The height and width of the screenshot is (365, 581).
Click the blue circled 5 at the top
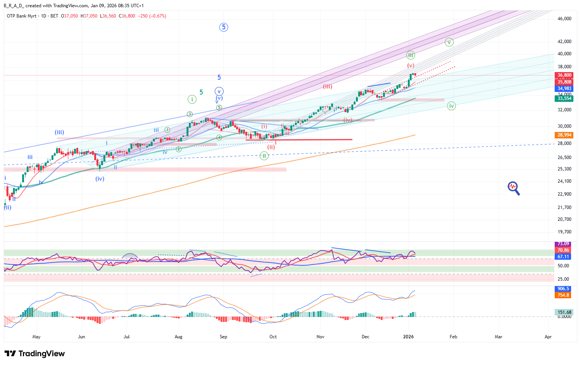pyautogui.click(x=224, y=27)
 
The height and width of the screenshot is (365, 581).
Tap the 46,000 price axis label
pyautogui.click(x=564, y=19)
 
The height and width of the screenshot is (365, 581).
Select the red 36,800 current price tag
pyautogui.click(x=564, y=75)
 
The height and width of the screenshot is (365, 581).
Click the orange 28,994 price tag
pyautogui.click(x=564, y=135)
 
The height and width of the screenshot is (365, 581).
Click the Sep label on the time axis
pyautogui.click(x=224, y=337)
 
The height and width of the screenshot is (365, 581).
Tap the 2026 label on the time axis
pyautogui.click(x=408, y=337)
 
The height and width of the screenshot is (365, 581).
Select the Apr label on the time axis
pyautogui.click(x=548, y=337)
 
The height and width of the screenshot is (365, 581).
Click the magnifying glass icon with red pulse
pyautogui.click(x=513, y=188)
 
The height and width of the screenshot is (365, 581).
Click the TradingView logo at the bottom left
pyautogui.click(x=35, y=354)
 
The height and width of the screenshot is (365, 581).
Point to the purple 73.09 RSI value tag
pyautogui.click(x=563, y=244)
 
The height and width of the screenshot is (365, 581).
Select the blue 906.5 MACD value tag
pyautogui.click(x=563, y=289)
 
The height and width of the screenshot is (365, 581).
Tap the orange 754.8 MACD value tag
pyautogui.click(x=563, y=295)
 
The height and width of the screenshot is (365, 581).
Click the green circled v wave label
pyautogui.click(x=449, y=42)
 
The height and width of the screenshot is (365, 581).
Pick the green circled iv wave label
pyautogui.click(x=451, y=106)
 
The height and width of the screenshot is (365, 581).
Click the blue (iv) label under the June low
pyautogui.click(x=100, y=178)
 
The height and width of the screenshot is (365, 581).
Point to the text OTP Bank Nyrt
pyautogui.click(x=22, y=16)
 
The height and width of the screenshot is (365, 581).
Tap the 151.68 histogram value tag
pyautogui.click(x=564, y=312)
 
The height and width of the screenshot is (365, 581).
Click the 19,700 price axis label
pyautogui.click(x=564, y=232)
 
